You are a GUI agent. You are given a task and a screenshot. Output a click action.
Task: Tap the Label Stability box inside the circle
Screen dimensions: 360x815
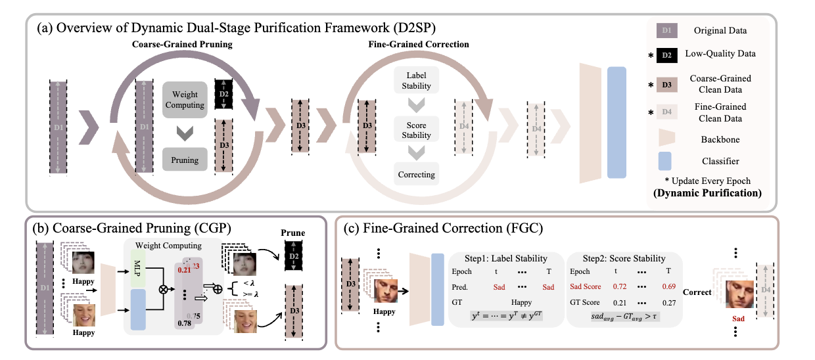[x=415, y=80]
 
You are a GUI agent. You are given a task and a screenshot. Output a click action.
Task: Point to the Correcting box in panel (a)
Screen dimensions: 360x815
[x=415, y=175]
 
